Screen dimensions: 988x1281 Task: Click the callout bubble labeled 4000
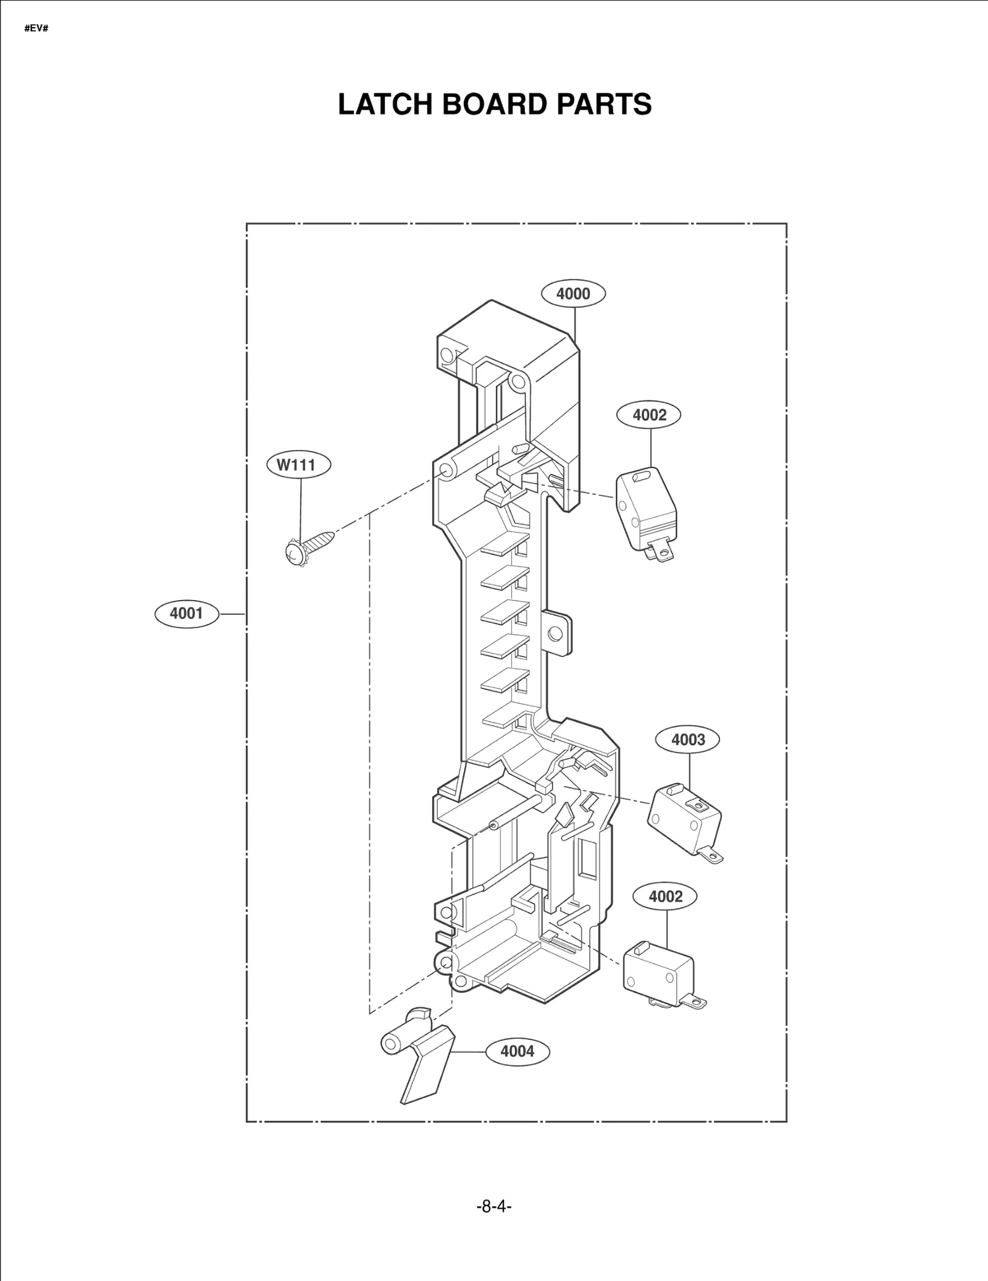(573, 294)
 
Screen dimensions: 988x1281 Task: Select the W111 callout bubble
(298, 465)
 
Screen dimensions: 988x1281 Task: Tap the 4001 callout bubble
(186, 613)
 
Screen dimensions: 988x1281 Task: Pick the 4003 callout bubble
(688, 740)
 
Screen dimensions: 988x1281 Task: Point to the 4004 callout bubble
(517, 1051)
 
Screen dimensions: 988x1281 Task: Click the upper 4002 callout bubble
(649, 415)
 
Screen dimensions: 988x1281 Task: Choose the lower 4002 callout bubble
(665, 896)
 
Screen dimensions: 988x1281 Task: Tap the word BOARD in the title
(497, 104)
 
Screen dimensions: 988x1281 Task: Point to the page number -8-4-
(494, 1206)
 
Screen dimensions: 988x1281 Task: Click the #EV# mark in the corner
(36, 29)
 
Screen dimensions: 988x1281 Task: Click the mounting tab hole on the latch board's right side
(555, 633)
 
